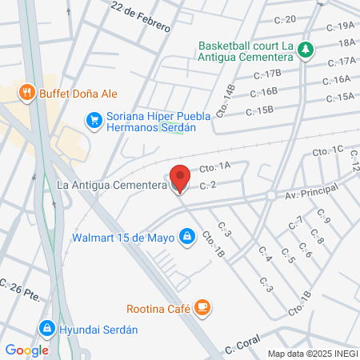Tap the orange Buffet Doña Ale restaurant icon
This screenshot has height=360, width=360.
click(x=28, y=92)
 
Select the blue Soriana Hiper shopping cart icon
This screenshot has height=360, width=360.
click(x=94, y=121)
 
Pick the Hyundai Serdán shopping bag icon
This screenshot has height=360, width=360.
click(x=47, y=329)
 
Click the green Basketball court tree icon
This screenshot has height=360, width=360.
click(x=305, y=50)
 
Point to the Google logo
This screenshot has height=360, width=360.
click(x=27, y=350)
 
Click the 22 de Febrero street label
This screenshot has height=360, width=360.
click(x=142, y=17)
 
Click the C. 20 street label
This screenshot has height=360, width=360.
click(x=286, y=19)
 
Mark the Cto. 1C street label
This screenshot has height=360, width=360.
click(x=327, y=150)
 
